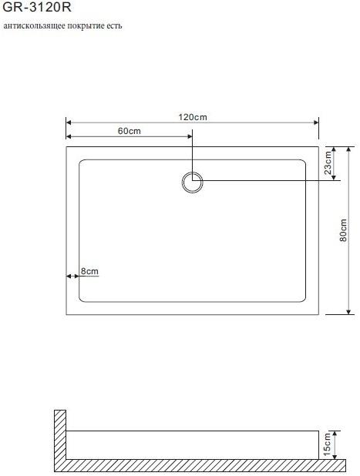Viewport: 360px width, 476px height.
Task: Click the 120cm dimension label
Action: (x=193, y=117)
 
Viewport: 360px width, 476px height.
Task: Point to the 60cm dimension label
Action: (x=130, y=131)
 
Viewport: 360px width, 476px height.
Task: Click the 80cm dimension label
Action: (x=343, y=231)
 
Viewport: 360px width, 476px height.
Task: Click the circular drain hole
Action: (x=192, y=183)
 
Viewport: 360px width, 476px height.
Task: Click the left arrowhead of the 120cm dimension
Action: (x=69, y=122)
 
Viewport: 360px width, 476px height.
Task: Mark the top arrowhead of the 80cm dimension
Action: (x=349, y=149)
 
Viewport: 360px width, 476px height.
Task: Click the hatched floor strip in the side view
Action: (x=193, y=465)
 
